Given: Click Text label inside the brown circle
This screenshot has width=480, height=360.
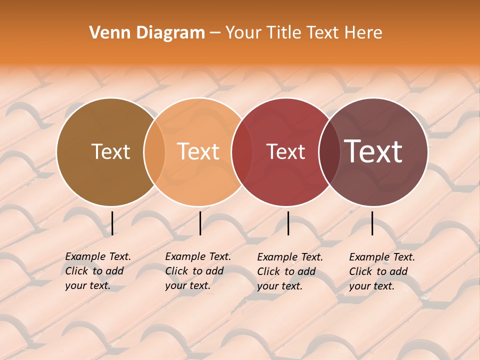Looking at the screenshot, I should pos(110,151).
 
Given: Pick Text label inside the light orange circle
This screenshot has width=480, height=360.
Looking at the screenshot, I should pos(198,151).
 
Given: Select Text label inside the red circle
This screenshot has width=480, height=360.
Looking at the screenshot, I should pos(285,151).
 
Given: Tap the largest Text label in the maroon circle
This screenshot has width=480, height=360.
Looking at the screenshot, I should pos(373,151).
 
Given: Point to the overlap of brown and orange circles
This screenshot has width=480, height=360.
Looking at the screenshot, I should pos(154,152).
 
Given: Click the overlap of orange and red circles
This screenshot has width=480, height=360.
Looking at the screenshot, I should pos(242,152).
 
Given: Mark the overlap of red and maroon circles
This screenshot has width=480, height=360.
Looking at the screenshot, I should pos(329,152).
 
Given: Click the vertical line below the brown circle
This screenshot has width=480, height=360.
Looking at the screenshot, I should pos(112,223).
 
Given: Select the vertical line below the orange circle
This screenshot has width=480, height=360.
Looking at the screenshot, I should pos(200,223).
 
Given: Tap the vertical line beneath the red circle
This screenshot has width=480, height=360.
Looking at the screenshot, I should pos(288,223).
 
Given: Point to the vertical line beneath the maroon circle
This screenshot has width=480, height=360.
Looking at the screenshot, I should pos(372,223).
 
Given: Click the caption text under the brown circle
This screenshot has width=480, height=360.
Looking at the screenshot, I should pos(97,271).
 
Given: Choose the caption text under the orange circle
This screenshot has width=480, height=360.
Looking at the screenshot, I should pos(197,271).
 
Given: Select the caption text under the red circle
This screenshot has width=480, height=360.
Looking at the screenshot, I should pos(289,271).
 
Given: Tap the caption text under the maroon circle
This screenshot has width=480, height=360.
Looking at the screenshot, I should pos(381,271).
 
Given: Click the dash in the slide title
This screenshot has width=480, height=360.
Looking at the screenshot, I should pos(215,33).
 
